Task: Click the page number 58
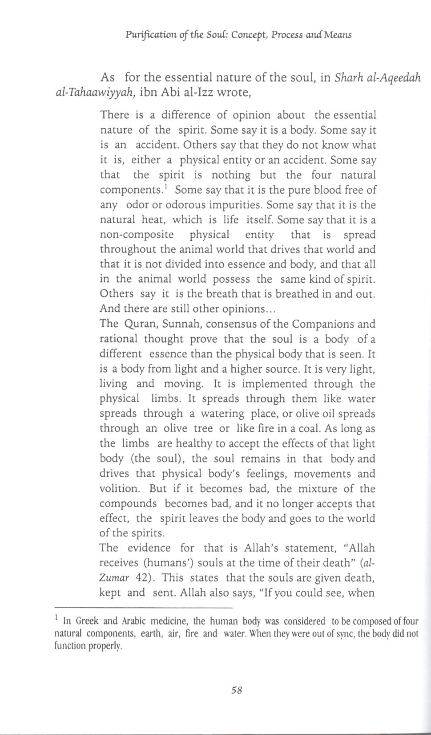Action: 236,690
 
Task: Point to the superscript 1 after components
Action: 165,186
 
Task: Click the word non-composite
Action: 137,235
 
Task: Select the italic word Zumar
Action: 114,578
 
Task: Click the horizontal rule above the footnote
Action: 143,608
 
